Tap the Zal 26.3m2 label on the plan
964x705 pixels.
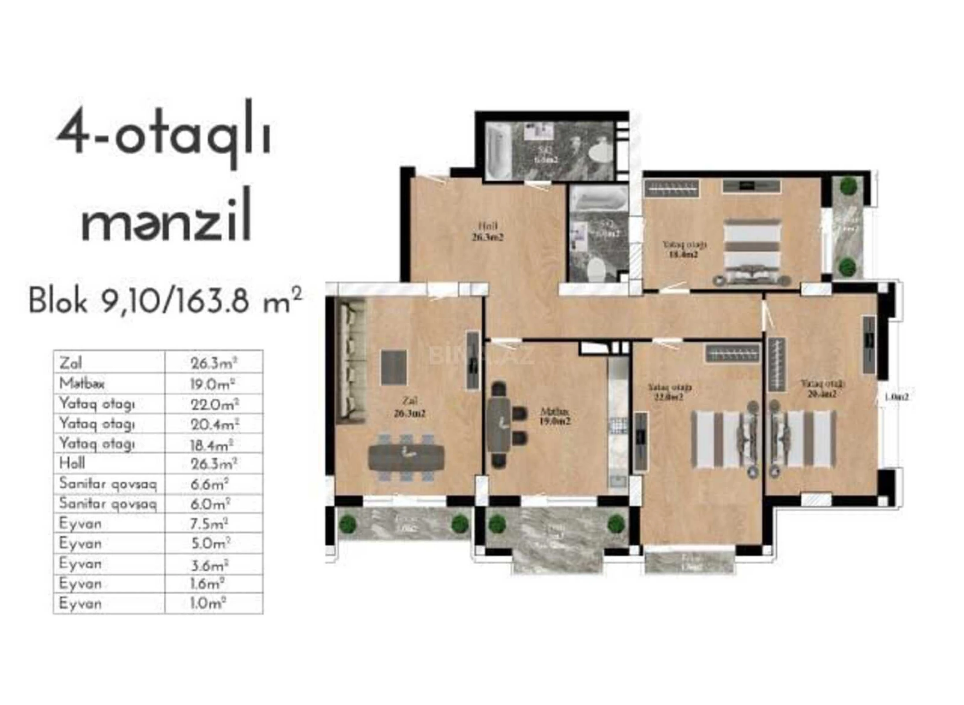coord(409,407)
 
